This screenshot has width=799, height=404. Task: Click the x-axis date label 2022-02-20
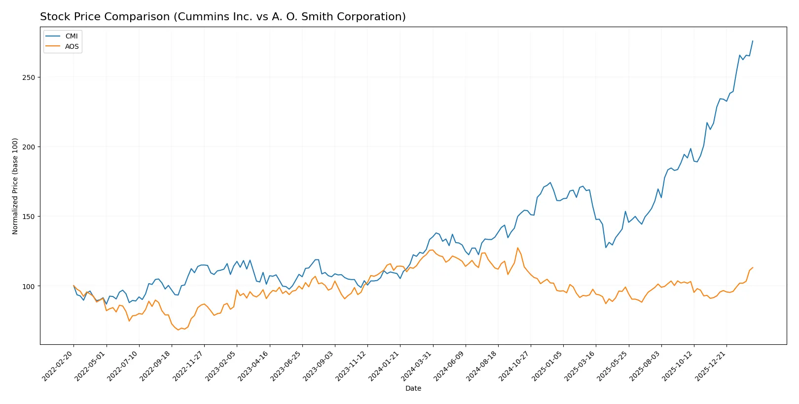(58, 366)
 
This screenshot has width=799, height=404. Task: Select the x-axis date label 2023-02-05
(221, 366)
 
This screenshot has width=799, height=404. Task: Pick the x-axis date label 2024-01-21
(385, 366)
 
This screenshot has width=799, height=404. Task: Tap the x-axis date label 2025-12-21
(711, 366)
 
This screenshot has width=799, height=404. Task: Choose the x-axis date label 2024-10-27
(515, 366)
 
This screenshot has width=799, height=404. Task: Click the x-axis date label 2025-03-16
(581, 366)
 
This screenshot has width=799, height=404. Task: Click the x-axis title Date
(413, 388)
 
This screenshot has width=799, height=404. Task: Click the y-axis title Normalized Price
(15, 186)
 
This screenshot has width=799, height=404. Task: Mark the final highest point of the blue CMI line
(753, 41)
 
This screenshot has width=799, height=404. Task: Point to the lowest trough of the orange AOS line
(178, 330)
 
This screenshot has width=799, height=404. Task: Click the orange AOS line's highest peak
(517, 248)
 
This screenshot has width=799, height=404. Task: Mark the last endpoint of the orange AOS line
(753, 267)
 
